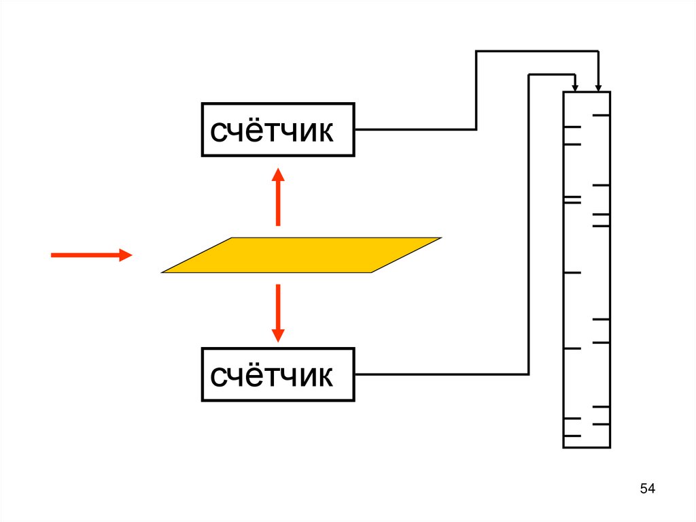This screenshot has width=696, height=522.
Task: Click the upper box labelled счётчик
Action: coord(277,129)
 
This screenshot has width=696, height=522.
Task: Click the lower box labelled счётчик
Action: coord(277,374)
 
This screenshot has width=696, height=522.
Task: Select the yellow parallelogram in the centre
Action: coord(301,255)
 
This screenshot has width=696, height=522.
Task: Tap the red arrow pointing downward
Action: coord(277,313)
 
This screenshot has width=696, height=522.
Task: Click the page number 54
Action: coord(648,489)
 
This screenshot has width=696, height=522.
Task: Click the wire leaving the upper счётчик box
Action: coord(415,129)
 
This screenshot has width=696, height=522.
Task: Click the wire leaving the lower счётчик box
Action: coord(442,374)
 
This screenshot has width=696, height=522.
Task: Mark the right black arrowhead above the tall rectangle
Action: coord(598,86)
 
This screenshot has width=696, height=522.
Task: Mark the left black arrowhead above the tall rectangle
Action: coord(575,87)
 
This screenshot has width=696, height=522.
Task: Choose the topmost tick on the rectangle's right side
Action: coord(602,116)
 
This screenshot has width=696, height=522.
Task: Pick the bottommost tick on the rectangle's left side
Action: coord(572,436)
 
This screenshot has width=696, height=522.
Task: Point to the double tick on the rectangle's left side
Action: coord(572,199)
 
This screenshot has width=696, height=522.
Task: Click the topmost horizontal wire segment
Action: coord(537,51)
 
